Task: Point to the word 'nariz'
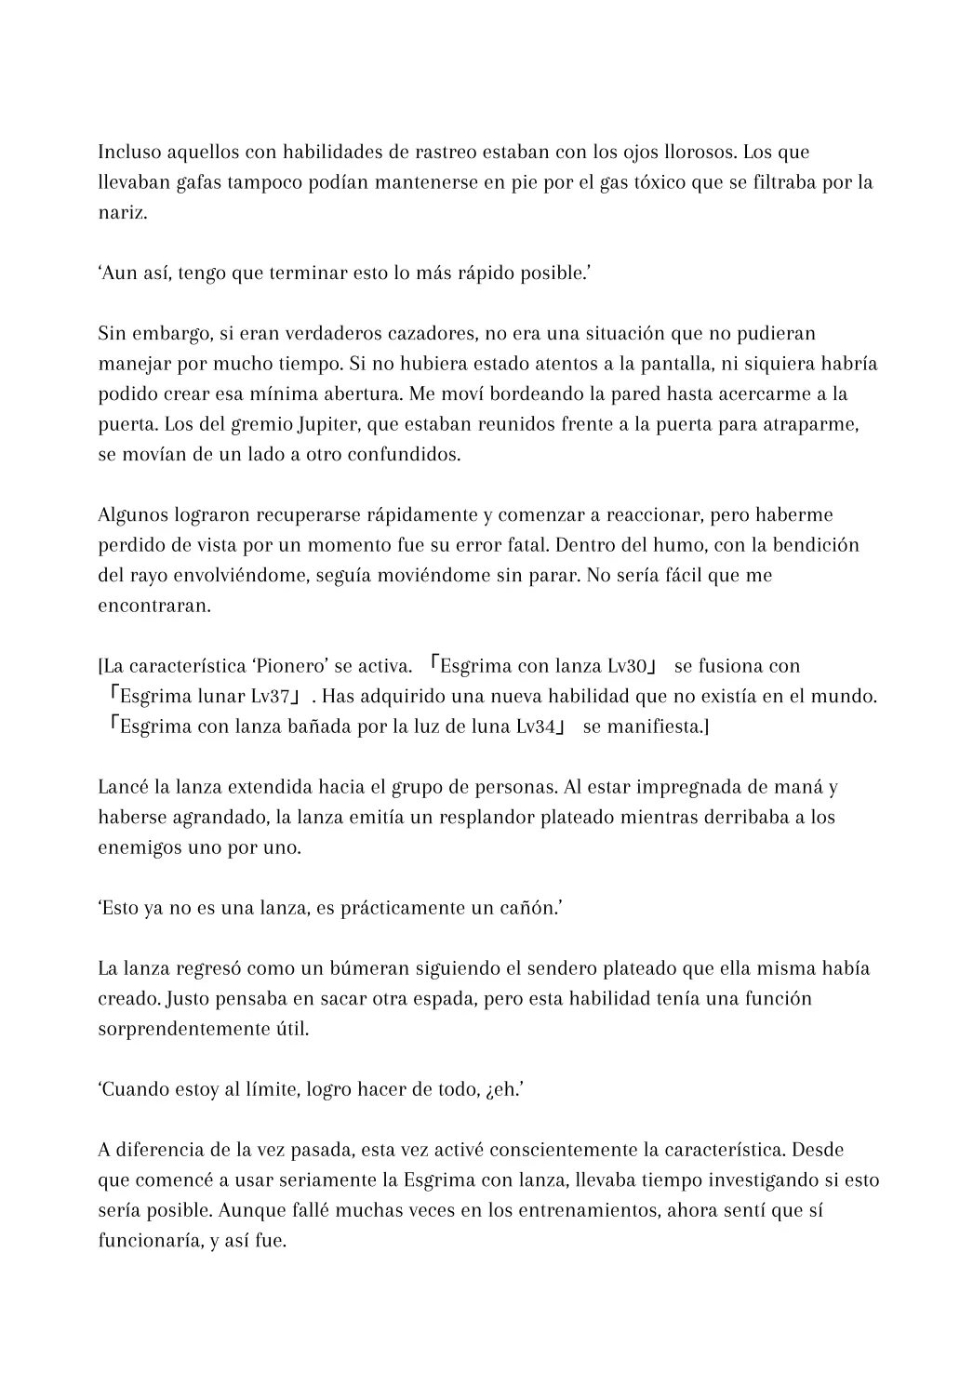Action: point(121,212)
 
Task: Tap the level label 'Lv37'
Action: point(271,696)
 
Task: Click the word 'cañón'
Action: point(529,908)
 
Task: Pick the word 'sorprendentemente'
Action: point(188,1029)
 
